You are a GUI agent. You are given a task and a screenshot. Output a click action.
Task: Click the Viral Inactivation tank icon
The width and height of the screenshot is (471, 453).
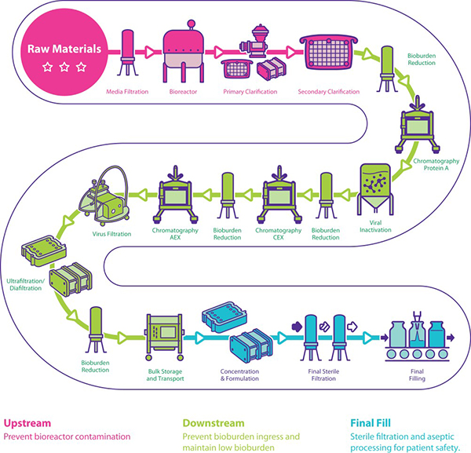[x=377, y=189]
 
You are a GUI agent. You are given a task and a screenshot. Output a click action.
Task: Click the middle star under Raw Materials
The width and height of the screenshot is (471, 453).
[x=63, y=67]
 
